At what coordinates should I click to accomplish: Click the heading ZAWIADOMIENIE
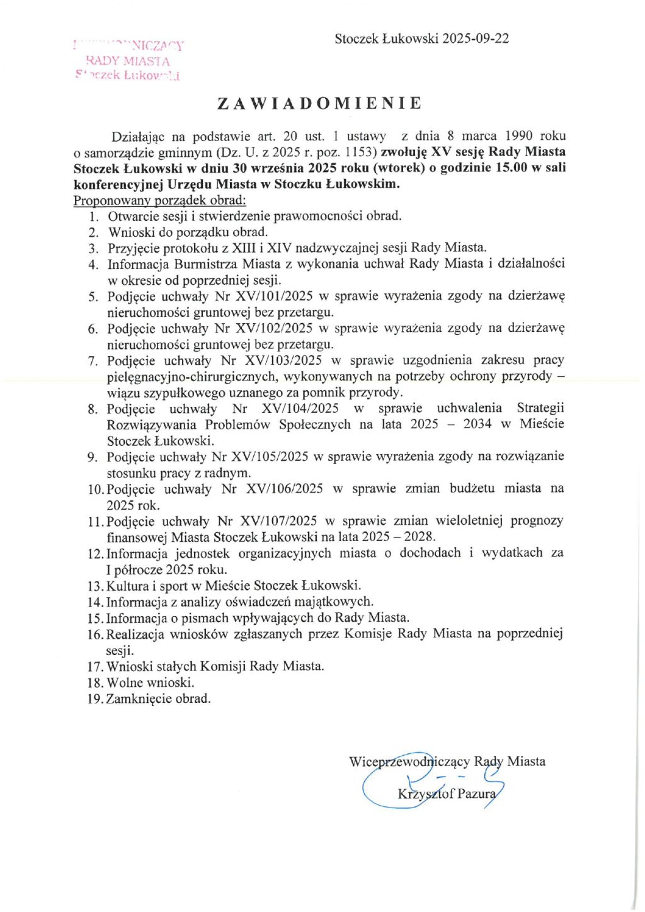(x=319, y=104)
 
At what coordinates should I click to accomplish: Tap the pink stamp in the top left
(x=128, y=60)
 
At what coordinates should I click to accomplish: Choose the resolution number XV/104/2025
(x=300, y=409)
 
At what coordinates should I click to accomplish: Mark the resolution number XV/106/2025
(x=284, y=489)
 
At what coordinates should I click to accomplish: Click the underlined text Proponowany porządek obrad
(x=159, y=200)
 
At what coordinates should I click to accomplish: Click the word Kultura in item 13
(x=128, y=586)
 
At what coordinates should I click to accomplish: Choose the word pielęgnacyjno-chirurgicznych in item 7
(x=192, y=377)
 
